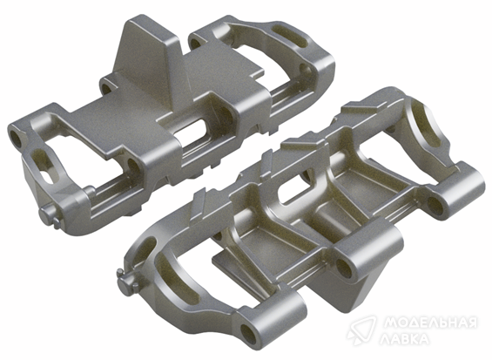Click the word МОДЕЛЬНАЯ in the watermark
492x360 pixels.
pos(430,323)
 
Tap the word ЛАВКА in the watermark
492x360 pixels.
pos(405,339)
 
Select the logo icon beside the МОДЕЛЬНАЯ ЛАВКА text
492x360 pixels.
pos(361,330)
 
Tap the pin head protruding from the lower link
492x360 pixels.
pos(125,282)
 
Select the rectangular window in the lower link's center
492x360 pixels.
pos(295,187)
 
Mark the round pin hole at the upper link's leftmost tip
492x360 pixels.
pos(16,139)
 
